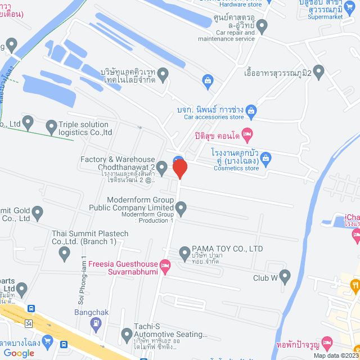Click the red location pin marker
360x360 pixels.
[x=179, y=169]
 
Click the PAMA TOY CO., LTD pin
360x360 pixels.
[x=184, y=254]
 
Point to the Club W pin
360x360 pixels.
[x=285, y=276]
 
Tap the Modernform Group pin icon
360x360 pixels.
[x=181, y=209]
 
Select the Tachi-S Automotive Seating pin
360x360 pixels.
[x=127, y=336]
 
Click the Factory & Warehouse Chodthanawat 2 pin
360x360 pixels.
[x=162, y=167]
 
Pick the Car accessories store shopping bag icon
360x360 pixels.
[x=251, y=109]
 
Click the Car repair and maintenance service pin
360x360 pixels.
[x=262, y=26]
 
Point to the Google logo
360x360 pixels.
[x=19, y=353]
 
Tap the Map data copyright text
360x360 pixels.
[x=335, y=355]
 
